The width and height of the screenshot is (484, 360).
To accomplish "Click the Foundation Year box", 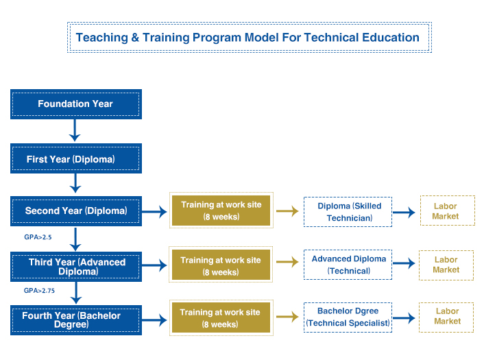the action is [x=76, y=104].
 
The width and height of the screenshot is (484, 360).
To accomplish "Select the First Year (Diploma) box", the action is [x=76, y=158].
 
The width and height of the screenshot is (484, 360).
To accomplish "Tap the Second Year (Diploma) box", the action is [x=76, y=211].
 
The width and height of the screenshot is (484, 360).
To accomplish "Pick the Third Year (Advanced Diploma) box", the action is [x=76, y=267].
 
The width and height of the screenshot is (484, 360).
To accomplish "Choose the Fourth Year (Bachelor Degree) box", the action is [x=76, y=320].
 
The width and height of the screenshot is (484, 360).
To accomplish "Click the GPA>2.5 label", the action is [x=38, y=237].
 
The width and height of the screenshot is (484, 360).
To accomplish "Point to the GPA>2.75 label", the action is [x=39, y=291].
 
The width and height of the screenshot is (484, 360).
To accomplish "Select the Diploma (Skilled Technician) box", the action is [x=348, y=212].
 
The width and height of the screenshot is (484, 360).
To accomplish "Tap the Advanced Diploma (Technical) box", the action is [x=348, y=265].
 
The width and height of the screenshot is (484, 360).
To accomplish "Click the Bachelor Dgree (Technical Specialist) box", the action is [x=348, y=317].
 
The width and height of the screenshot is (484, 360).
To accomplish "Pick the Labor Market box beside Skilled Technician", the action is [x=448, y=211].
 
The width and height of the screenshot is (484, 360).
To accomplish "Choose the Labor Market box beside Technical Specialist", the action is [x=446, y=317].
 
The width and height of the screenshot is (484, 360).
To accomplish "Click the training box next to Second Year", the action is [x=221, y=211].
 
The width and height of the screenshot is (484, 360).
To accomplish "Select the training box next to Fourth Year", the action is [x=221, y=317].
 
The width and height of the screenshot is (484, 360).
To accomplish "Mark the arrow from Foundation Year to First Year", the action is [x=75, y=130].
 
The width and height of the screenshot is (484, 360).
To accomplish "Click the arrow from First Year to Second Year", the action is [x=75, y=183].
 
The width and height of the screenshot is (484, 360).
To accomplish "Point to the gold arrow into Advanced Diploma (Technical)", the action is [x=287, y=262].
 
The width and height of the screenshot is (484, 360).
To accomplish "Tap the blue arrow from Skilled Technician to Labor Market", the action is [x=404, y=212].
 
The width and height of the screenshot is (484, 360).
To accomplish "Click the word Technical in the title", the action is [x=330, y=37].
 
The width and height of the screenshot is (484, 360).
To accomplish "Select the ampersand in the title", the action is [x=135, y=37].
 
